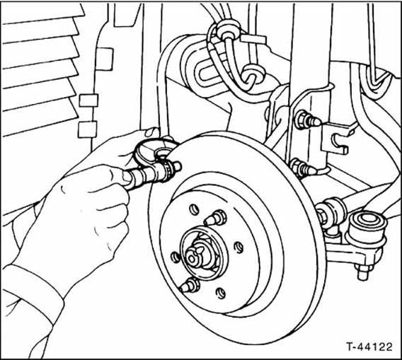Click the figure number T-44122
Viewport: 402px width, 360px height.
(x=369, y=347)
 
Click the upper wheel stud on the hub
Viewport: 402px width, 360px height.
(x=216, y=218)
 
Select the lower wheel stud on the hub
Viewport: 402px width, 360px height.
(x=190, y=286)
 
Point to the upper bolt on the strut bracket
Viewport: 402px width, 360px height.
(x=307, y=120)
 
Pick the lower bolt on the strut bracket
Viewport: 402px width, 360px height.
(x=302, y=168)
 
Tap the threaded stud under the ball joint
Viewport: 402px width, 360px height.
(x=363, y=272)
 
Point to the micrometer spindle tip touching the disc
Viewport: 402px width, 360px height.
(x=178, y=166)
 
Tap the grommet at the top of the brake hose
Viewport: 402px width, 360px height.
(x=228, y=29)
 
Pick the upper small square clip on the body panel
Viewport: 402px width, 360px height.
(x=88, y=100)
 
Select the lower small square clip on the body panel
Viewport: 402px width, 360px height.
(x=88, y=129)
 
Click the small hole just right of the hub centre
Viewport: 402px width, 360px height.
(x=239, y=248)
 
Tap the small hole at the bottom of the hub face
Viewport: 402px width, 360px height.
(x=221, y=293)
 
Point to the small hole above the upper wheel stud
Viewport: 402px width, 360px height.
(x=194, y=209)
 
